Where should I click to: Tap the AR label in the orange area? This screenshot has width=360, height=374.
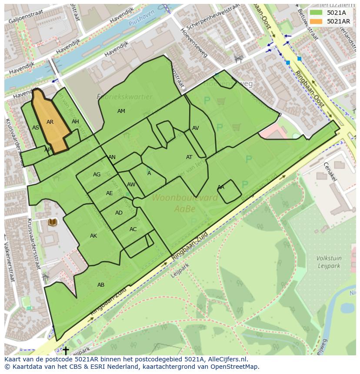pos(50,122)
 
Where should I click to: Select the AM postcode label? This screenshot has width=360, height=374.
pos(121,112)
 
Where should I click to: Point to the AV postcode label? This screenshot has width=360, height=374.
pos(196,129)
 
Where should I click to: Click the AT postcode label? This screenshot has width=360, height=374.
pos(189,157)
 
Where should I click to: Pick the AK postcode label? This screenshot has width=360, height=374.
pos(93,236)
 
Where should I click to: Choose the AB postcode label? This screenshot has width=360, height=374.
pos(101,285)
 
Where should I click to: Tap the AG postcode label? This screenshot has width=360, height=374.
pos(97,175)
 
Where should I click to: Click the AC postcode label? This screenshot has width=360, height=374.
pos(133,229)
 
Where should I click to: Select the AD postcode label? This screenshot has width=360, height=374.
pos(119,213)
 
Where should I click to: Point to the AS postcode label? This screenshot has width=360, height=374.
pos(36,128)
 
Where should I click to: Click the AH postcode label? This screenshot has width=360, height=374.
pos(76,122)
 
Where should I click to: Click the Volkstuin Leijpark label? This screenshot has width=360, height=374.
pos(329,262)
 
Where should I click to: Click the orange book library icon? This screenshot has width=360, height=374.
pos(53,222)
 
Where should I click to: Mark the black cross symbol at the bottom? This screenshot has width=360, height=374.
pos(66,350)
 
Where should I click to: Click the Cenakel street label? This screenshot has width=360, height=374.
pos(330,172)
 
